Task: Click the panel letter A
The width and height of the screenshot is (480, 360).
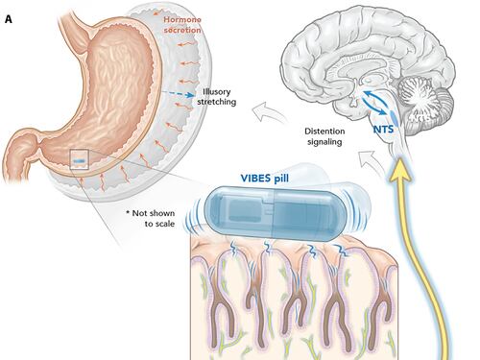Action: [x=9, y=19]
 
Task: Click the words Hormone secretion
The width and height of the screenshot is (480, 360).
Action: [x=182, y=25]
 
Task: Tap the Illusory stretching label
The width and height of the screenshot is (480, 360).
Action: [x=217, y=97]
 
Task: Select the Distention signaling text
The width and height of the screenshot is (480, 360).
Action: [x=324, y=136]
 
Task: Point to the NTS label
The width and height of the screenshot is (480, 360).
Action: [x=383, y=130]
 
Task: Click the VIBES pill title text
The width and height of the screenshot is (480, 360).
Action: [x=265, y=178]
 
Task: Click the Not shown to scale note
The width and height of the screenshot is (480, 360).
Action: [x=151, y=218]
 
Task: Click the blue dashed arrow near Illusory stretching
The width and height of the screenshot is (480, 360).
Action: [x=178, y=94]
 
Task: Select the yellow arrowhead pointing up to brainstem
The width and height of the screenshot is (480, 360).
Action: [x=399, y=170]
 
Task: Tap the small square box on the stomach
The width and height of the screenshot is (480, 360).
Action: [x=79, y=159]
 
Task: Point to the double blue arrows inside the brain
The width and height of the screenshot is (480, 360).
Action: [x=374, y=102]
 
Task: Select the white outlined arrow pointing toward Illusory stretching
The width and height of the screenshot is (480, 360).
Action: [x=268, y=112]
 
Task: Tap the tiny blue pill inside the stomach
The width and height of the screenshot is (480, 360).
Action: [x=79, y=161]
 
